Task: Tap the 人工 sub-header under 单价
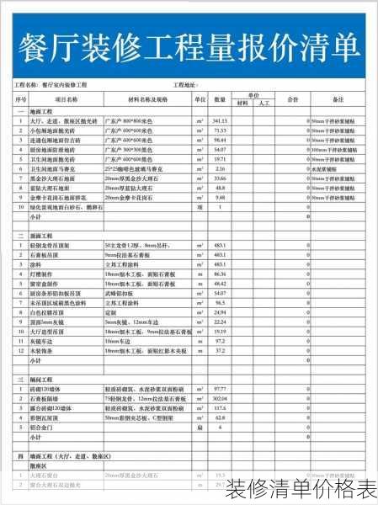263,104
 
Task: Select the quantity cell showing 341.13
221,121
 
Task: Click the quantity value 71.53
221,130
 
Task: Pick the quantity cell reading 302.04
221,398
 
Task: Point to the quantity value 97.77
221,389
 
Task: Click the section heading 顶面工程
42,235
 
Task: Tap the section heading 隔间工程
42,379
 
